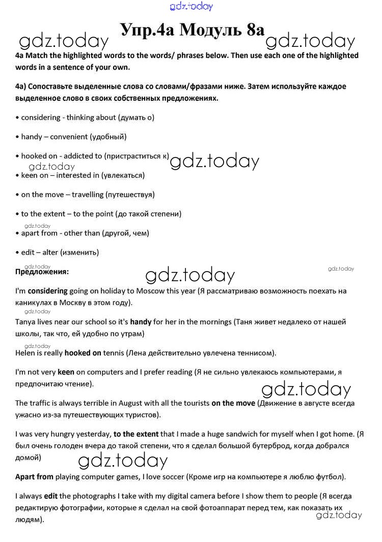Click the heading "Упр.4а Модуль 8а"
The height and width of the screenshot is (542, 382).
[193, 30]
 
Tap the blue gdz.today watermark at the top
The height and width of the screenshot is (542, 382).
[191, 6]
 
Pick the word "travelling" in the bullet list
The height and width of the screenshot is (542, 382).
[88, 194]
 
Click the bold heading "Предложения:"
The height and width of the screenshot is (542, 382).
[42, 272]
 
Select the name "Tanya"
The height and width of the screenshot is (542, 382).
[25, 322]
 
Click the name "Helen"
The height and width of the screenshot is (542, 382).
[26, 353]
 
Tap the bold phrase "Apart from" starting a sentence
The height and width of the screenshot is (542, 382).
[34, 477]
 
